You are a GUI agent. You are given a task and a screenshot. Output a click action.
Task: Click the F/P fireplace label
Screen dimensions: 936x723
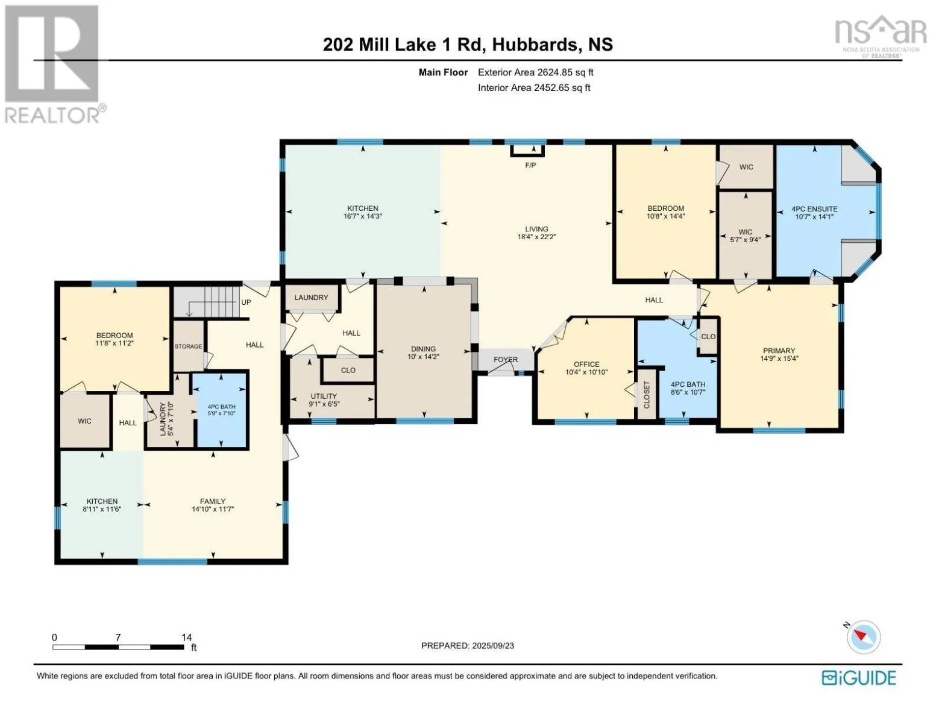click(530, 165)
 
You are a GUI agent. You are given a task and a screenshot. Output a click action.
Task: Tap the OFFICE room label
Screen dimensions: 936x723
click(586, 365)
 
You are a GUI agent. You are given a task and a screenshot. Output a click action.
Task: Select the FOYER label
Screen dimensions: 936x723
click(506, 360)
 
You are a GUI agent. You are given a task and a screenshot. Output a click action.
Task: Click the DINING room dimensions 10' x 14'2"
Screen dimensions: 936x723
click(424, 357)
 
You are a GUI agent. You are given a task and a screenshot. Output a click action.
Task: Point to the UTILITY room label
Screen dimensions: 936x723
click(324, 396)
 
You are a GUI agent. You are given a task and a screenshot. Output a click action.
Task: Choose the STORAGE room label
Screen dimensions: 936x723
click(188, 346)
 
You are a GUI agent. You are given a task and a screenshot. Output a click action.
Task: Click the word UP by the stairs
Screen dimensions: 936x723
click(246, 302)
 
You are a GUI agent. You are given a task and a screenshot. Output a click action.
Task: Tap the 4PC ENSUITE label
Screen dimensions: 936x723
click(814, 209)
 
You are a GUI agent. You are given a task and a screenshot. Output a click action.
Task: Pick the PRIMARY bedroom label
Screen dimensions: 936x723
click(779, 351)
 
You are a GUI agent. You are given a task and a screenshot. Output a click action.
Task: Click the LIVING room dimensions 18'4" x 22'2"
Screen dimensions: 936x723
click(536, 237)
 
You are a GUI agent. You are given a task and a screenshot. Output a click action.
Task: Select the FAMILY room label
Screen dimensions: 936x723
click(213, 501)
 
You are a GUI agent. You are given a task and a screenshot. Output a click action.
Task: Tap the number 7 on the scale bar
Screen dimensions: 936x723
click(118, 637)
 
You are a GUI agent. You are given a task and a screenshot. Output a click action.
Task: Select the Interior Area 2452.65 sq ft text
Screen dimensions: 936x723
click(534, 88)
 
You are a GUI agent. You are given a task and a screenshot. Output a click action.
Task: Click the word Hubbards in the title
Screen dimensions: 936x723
click(535, 45)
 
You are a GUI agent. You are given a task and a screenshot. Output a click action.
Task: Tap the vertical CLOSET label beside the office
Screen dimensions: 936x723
click(647, 395)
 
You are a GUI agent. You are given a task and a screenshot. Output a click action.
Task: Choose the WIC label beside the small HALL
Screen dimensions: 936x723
click(84, 421)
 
